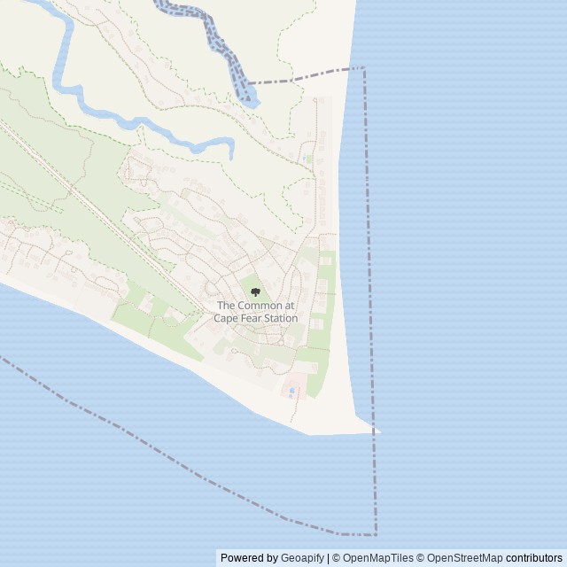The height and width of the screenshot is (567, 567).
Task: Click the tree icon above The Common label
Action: point(255,292)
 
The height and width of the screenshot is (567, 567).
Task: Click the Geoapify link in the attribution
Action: point(302,558)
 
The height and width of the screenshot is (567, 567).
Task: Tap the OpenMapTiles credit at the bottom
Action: point(377,558)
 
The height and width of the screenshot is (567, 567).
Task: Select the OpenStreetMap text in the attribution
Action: point(465,558)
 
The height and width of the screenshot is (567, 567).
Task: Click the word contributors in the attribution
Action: point(534,558)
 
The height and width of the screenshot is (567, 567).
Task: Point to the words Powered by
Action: point(249,558)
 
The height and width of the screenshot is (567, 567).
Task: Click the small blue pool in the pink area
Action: point(291,390)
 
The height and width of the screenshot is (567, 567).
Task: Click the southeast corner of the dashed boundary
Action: point(376,534)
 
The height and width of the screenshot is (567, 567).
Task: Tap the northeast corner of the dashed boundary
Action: point(363,67)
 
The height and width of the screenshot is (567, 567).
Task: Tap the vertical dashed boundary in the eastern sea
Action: point(369,266)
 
